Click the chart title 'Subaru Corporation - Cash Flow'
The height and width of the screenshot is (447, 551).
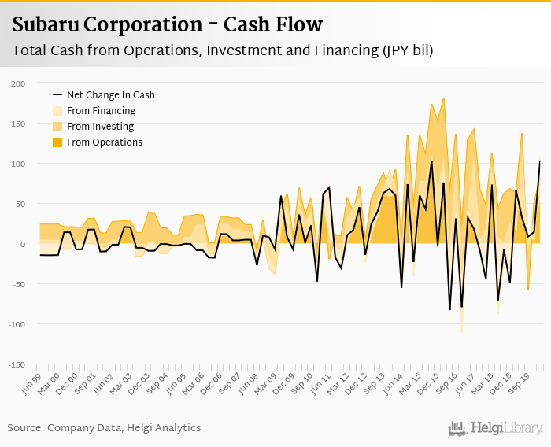click(168, 24)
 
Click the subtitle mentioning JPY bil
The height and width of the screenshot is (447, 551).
click(223, 50)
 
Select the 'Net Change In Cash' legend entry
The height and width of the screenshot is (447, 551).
click(110, 95)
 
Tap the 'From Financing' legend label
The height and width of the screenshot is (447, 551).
click(101, 111)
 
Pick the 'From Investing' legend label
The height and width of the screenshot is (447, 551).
click(100, 127)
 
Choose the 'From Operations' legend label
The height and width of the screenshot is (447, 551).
click(105, 142)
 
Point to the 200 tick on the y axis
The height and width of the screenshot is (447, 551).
click(18, 83)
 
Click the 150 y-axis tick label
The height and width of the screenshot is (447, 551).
click(18, 124)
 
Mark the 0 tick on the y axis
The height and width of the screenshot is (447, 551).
click(23, 244)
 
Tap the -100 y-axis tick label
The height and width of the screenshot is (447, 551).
click(16, 324)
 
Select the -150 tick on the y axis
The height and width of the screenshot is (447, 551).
click(16, 364)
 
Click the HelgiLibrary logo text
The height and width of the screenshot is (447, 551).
click(507, 428)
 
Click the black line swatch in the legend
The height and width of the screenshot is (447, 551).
click(57, 95)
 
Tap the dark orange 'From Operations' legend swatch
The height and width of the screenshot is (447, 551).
click(57, 142)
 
